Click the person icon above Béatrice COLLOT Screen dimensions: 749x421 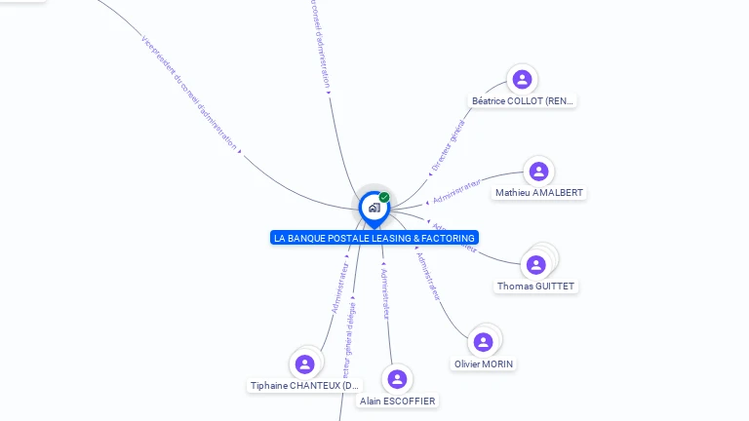[x=523, y=79]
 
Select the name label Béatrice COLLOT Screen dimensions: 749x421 [x=523, y=100]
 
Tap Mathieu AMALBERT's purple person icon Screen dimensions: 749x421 [x=538, y=172]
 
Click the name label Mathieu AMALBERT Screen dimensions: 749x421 [x=539, y=193]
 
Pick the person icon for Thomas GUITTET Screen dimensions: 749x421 [x=535, y=264]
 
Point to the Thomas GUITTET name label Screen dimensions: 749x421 [x=536, y=287]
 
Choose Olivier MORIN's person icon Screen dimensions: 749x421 [x=483, y=342]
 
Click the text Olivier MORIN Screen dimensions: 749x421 [x=484, y=364]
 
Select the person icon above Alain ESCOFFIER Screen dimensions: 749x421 [x=397, y=379]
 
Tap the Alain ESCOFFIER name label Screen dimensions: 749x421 [x=398, y=401]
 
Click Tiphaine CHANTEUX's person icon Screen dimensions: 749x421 [x=305, y=364]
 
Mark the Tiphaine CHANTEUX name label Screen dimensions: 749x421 [x=305, y=386]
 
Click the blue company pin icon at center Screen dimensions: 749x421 [x=374, y=208]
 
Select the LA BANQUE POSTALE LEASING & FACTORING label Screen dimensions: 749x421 [x=374, y=238]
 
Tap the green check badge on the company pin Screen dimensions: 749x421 [x=384, y=198]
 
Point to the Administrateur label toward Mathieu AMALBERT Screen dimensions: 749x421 [x=457, y=190]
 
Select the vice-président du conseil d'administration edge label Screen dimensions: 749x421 [x=189, y=92]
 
